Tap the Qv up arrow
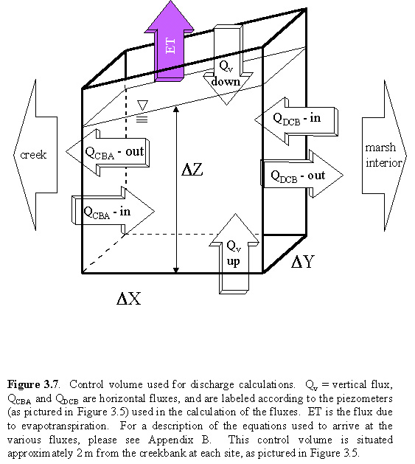(x=234, y=254)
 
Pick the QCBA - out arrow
(x=108, y=153)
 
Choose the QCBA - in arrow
(x=113, y=211)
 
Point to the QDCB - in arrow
(x=296, y=121)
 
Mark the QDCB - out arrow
(x=301, y=175)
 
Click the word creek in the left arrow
(x=33, y=155)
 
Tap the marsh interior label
(x=383, y=155)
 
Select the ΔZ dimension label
(x=192, y=170)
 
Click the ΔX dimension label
(x=129, y=298)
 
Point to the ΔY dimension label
(x=302, y=262)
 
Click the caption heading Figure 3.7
(x=33, y=384)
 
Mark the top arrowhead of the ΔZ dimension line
(x=176, y=109)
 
